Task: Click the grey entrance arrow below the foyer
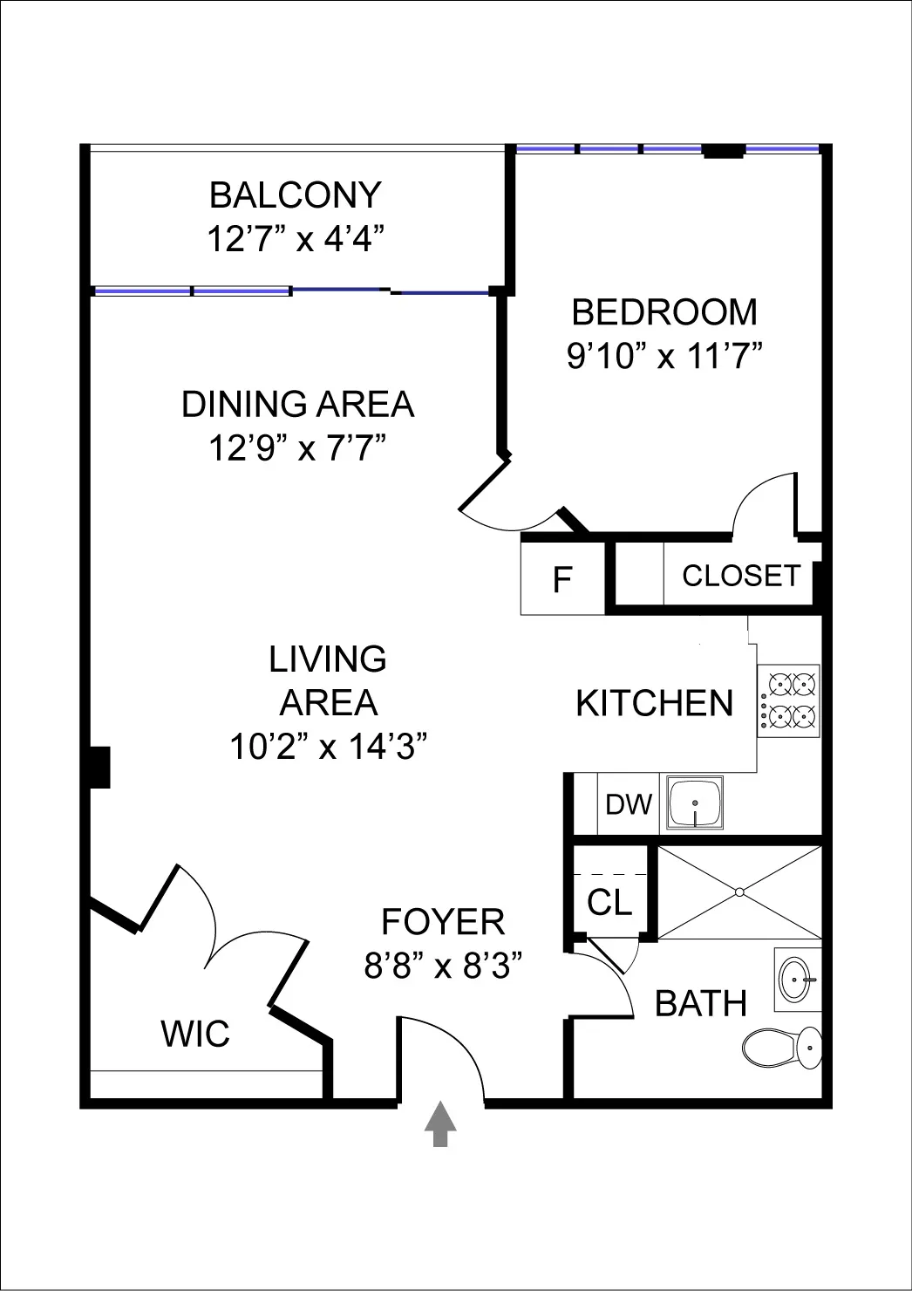[x=440, y=1124]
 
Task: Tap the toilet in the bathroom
[x=781, y=1045]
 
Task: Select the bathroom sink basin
[x=797, y=979]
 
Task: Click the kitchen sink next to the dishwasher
[x=694, y=803]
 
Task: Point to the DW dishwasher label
[x=629, y=804]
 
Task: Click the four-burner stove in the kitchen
[x=788, y=700]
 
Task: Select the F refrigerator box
[x=562, y=579]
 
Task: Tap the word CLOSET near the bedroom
[x=740, y=576]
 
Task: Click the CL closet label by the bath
[x=609, y=903]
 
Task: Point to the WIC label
[x=195, y=1034]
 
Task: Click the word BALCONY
[x=296, y=195]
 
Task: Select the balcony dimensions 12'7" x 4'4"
[x=296, y=238]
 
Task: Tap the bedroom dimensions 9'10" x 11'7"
[x=664, y=356]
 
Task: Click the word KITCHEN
[x=654, y=703]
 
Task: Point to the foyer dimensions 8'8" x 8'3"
[x=443, y=966]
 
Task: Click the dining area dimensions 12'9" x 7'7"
[x=296, y=448]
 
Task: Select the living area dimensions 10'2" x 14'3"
[x=328, y=747]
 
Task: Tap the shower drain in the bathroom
[x=738, y=891]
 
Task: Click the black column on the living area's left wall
[x=99, y=767]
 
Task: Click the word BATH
[x=701, y=1004]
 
